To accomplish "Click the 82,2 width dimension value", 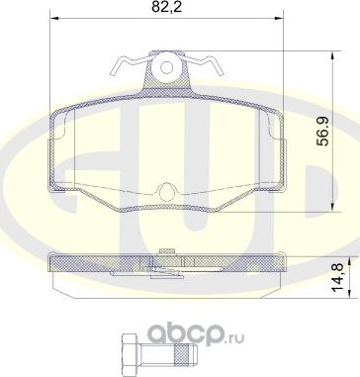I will [x=166, y=9].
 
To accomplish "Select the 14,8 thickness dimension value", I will [x=338, y=272].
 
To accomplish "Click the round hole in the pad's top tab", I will [x=167, y=69].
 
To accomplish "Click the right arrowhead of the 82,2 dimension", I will [x=281, y=20].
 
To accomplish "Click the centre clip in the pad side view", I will [x=167, y=265].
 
